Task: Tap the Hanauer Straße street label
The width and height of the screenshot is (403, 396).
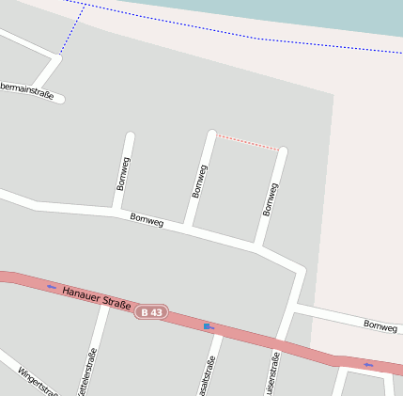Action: (94, 296)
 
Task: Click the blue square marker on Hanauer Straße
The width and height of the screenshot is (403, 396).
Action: (207, 325)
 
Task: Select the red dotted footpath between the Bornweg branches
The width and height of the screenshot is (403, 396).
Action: (248, 143)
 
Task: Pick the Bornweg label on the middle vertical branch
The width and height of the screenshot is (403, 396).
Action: (198, 180)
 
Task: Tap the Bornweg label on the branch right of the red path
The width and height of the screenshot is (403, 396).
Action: (271, 199)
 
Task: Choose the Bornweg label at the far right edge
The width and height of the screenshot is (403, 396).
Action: (380, 326)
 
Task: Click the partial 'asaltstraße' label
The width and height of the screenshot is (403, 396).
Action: (209, 376)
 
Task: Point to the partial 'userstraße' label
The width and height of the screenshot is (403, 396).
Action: (273, 374)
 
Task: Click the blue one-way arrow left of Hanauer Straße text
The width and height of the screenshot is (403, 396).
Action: (51, 287)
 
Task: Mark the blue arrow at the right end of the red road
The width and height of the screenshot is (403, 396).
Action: (368, 365)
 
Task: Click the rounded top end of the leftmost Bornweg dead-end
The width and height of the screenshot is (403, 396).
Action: (130, 137)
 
